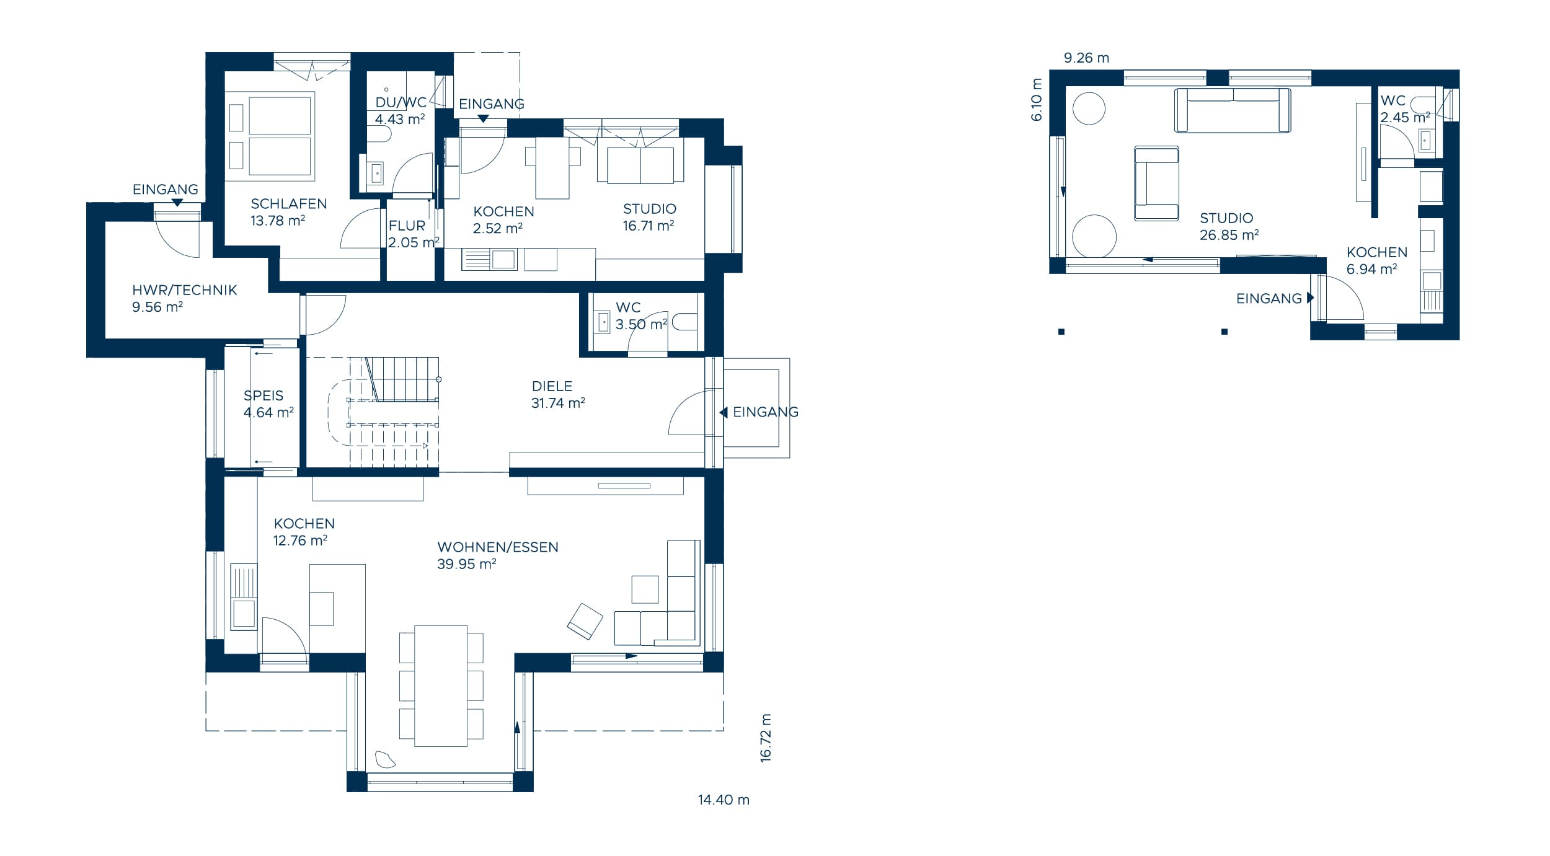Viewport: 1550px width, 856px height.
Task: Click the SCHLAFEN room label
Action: (288, 203)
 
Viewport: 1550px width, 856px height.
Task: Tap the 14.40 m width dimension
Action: (724, 800)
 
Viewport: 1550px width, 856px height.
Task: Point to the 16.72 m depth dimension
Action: (766, 737)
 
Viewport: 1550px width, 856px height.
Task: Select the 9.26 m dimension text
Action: (1086, 58)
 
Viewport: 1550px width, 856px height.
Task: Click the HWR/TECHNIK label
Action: (185, 289)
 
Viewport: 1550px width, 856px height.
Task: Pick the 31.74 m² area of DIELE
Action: (558, 403)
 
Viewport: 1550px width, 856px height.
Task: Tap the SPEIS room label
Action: (263, 395)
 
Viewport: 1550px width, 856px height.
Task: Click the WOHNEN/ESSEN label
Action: (498, 547)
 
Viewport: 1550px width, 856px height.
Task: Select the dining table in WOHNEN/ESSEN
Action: (441, 686)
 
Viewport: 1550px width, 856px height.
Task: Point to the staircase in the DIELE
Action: (384, 412)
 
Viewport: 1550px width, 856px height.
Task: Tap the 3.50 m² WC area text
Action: (641, 324)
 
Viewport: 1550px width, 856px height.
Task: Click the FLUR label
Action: (407, 226)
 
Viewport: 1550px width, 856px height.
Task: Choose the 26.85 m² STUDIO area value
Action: (1229, 235)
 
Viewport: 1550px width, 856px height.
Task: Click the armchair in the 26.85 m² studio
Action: (1156, 183)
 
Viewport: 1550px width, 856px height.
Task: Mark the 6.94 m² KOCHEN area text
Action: (1371, 269)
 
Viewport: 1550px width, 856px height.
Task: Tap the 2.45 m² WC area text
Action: (1405, 117)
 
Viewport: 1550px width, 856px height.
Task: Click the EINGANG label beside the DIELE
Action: (765, 412)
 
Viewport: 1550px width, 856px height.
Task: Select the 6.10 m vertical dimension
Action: (1037, 99)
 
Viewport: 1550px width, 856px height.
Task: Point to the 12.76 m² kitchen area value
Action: (300, 541)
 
